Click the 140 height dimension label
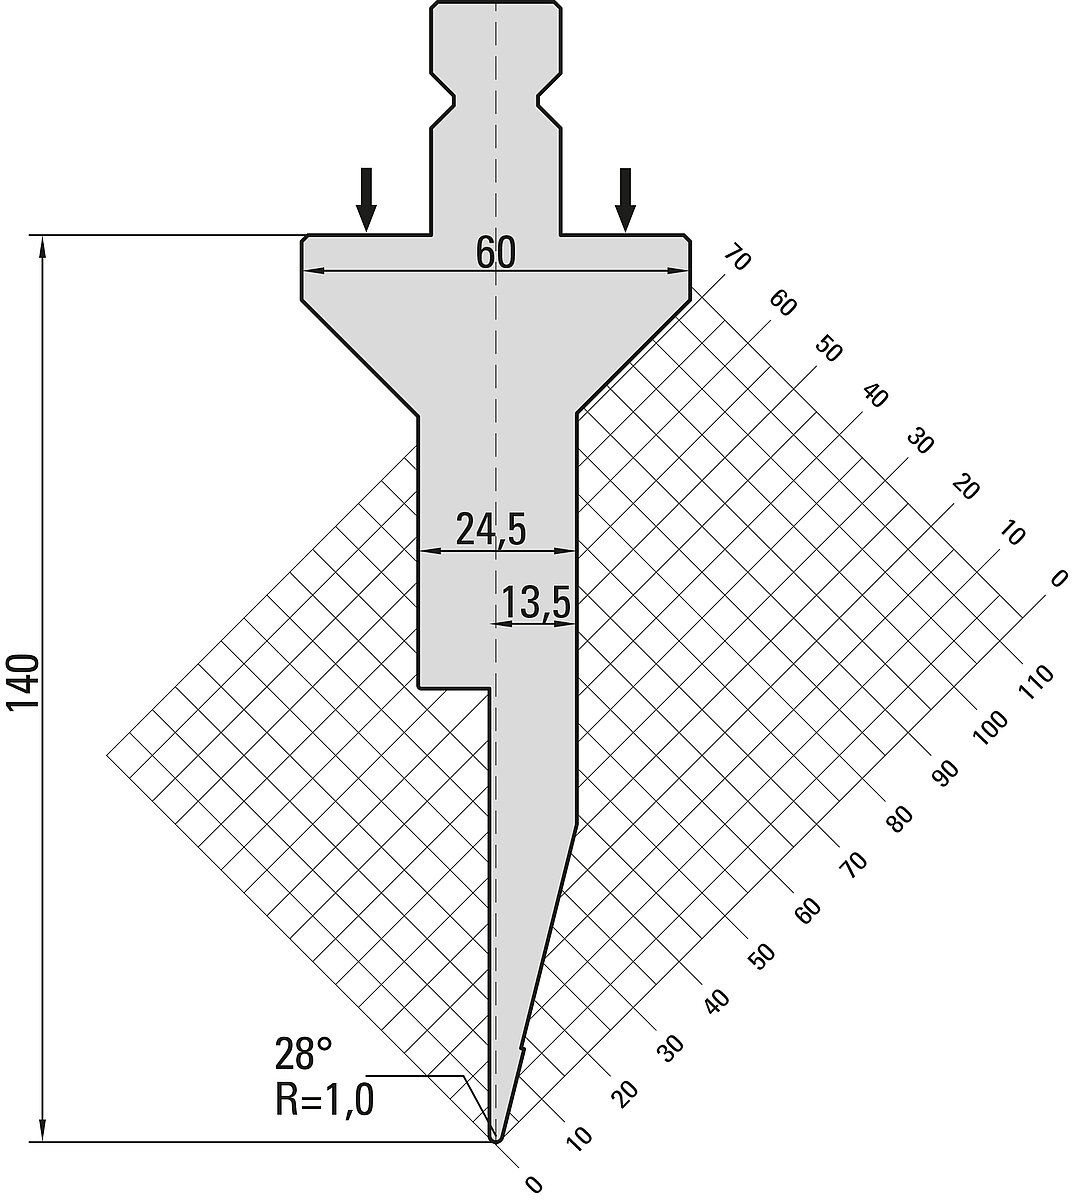[x=23, y=681]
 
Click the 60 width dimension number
[x=495, y=253]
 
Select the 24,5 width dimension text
[x=491, y=530]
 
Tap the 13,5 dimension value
[x=536, y=604]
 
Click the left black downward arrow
[x=366, y=199]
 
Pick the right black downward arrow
[x=625, y=199]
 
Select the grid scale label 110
[x=1035, y=682]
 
